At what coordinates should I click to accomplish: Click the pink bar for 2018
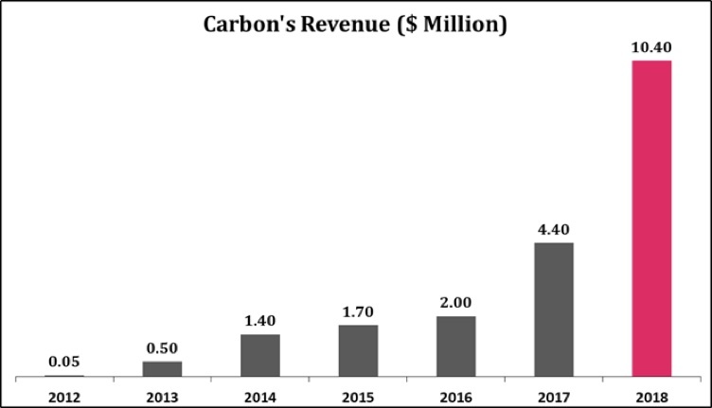(650, 219)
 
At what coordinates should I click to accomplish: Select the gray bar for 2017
(553, 310)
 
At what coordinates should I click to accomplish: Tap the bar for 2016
(455, 346)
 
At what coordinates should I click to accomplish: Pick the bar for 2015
(358, 350)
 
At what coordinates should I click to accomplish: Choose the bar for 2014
(260, 355)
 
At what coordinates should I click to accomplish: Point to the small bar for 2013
(162, 368)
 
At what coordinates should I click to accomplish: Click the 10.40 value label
(650, 45)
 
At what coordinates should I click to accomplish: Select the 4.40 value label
(553, 228)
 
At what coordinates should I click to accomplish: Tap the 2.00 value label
(455, 302)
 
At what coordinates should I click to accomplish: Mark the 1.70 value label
(358, 310)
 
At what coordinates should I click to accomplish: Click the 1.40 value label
(260, 320)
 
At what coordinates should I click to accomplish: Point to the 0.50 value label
(162, 346)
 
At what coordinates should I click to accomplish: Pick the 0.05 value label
(64, 361)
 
